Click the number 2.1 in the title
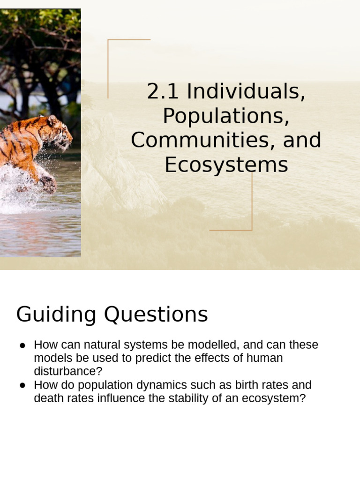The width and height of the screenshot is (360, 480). click(163, 91)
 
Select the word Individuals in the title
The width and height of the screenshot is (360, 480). click(246, 91)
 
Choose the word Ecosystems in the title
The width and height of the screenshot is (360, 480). click(226, 165)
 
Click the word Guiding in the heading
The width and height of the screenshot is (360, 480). click(56, 315)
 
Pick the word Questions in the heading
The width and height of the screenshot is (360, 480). click(156, 315)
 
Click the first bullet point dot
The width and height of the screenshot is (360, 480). click(22, 345)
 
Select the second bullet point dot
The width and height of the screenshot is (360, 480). click(22, 386)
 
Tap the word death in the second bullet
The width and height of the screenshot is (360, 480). click(48, 399)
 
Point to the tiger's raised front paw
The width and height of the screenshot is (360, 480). click(48, 184)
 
